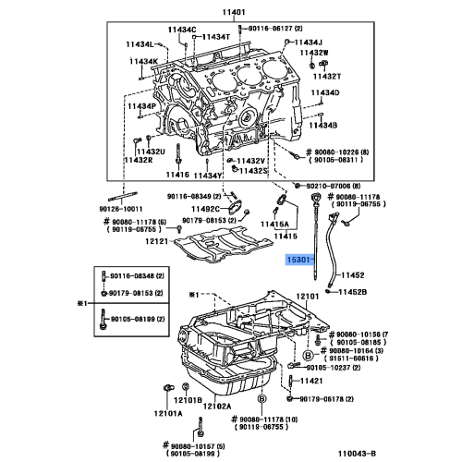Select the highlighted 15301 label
[x=299, y=261]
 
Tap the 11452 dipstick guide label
[x=354, y=274]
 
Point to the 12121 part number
[x=160, y=241]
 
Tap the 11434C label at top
[x=182, y=30]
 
